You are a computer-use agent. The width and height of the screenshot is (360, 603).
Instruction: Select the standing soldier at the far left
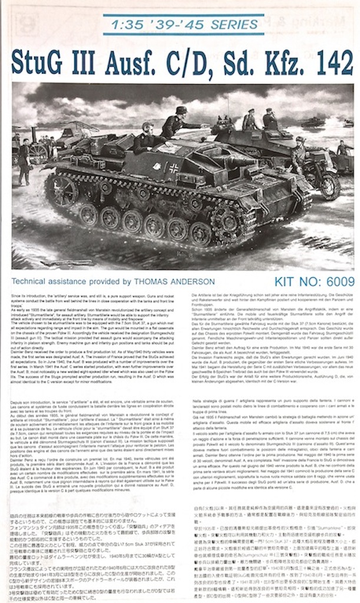24,160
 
